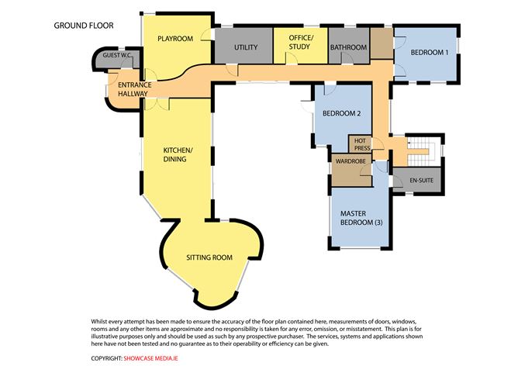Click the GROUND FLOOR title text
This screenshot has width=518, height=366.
point(84,26)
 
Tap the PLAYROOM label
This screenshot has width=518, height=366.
point(175,39)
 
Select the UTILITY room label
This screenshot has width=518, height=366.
point(246,47)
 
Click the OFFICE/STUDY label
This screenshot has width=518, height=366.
point(300,43)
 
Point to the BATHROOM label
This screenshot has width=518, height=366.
point(348,47)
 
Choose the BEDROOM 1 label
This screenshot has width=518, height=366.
point(430,52)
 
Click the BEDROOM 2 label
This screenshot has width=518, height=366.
point(342,113)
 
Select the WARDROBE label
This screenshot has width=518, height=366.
point(351,161)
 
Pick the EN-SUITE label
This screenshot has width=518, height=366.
point(421,181)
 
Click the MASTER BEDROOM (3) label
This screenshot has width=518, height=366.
point(361,218)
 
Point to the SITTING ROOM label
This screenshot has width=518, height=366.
point(209,257)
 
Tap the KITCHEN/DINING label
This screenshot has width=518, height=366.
point(178,154)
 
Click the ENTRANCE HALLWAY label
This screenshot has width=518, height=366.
point(135,89)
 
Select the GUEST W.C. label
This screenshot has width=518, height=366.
point(117,55)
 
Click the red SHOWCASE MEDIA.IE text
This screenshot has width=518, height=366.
point(150,358)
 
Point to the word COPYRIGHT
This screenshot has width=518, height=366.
point(107,358)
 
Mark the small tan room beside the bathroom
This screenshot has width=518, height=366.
point(382,43)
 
